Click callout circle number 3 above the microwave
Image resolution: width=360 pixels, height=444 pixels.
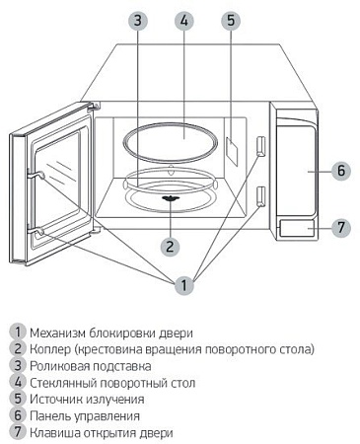coord(138,20)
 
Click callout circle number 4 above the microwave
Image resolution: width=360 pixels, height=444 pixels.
coord(183,20)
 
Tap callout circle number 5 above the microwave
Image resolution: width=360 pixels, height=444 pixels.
coord(230,20)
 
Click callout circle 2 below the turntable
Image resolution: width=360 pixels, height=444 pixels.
coord(170,246)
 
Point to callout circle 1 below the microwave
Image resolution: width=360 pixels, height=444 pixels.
coord(182,285)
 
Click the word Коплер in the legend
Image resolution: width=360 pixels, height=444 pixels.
coord(51,349)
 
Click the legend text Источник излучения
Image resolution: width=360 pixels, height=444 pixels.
coord(87,400)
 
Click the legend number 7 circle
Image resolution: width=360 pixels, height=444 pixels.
coord(17,433)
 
